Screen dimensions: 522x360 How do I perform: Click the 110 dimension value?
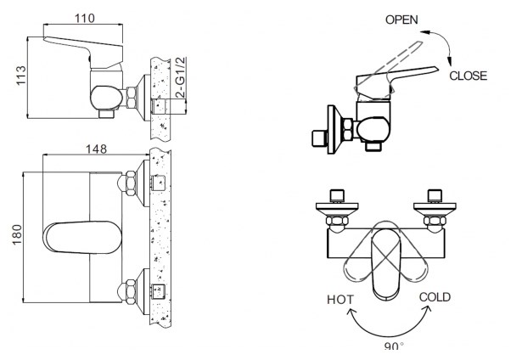coord(85,19)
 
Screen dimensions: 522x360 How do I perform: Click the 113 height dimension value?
coord(20,76)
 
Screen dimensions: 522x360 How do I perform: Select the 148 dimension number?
coord(97,149)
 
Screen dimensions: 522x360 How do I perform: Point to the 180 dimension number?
coord(17,234)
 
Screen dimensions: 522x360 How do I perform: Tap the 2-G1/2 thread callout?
coord(180,77)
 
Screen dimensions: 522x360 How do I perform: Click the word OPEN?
coord(401,20)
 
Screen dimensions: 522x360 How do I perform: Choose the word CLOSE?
coord(468,76)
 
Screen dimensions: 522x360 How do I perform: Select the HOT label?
coord(340,300)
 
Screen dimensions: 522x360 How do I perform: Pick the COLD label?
coord(435,297)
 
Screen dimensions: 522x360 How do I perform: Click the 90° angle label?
coord(394,346)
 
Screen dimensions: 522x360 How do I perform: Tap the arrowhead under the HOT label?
coord(351,312)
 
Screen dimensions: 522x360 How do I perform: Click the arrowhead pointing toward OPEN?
coord(424,32)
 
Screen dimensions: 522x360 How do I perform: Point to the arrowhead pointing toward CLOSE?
coord(449,61)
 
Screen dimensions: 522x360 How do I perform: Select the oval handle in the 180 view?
coord(82,238)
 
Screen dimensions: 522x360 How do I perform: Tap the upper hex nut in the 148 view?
coord(130,183)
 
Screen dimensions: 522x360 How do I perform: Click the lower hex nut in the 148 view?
coord(130,292)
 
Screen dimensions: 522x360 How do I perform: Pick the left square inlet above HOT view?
coord(337,196)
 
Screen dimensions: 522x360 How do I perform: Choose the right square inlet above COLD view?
coord(435,196)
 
